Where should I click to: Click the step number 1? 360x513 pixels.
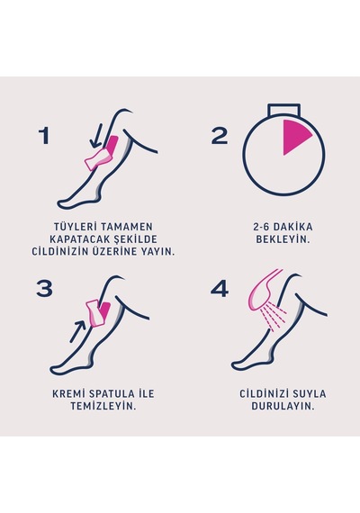coord(44,136)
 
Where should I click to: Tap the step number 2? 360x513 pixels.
coord(219,136)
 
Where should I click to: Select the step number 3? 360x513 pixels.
coord(44,289)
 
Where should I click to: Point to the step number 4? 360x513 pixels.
coord(220,289)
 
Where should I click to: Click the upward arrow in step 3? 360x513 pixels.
coord(78,331)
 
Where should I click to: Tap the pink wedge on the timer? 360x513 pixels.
coord(295,137)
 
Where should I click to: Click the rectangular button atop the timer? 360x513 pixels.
coord(283,110)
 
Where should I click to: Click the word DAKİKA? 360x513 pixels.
coord(292,227)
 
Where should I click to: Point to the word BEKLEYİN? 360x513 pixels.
coord(283,238)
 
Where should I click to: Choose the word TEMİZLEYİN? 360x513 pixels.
coord(103,406)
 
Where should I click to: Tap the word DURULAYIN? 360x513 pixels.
coord(283,406)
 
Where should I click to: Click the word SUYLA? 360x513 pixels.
coord(310,393)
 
